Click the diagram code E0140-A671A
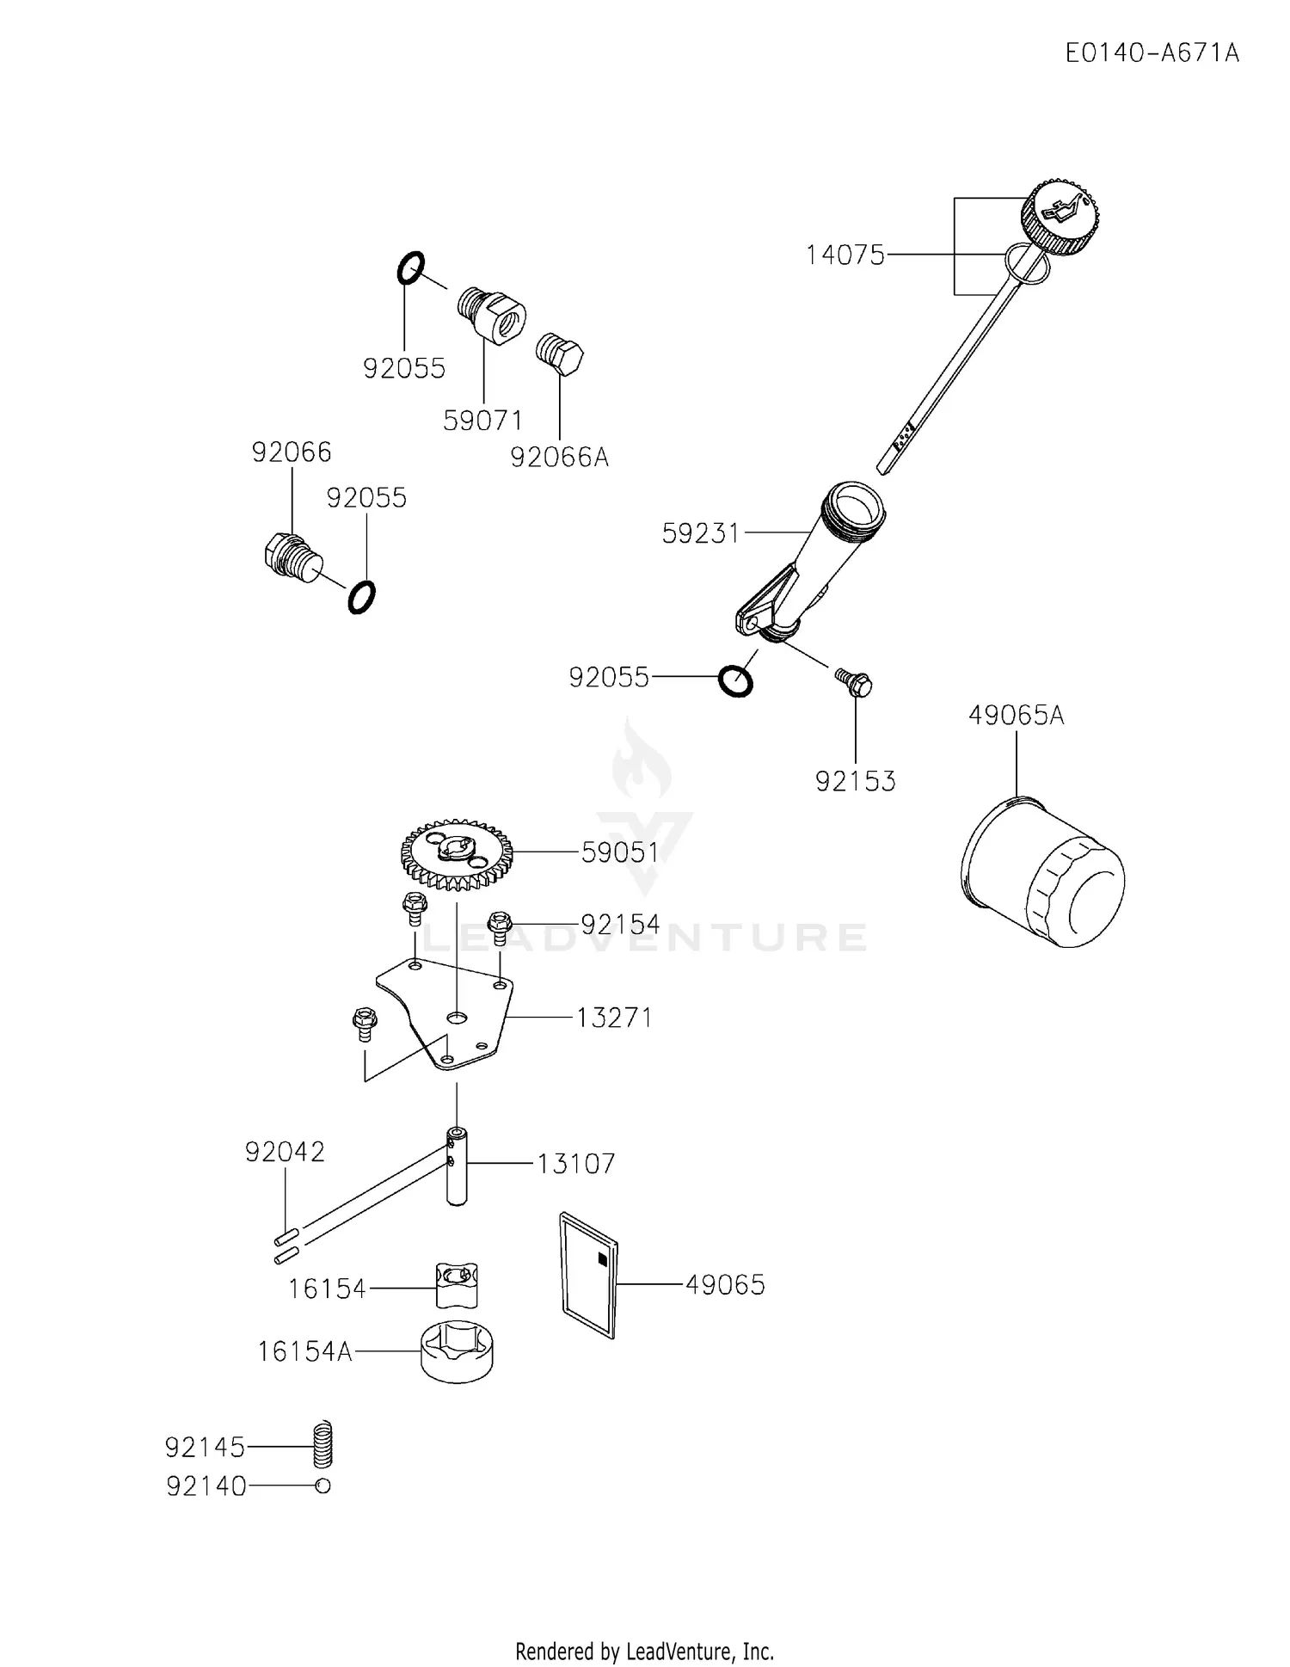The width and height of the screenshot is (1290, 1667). coord(1152,53)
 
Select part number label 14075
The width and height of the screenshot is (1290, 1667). coord(845,255)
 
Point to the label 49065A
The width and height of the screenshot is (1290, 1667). coord(1016,716)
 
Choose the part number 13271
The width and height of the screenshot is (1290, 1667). coord(614,1018)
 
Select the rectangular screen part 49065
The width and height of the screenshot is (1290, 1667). coord(588,1276)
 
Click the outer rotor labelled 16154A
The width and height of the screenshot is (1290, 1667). coord(458,1351)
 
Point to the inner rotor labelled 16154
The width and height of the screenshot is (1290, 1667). coord(457,1284)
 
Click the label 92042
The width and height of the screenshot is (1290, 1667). coord(285,1152)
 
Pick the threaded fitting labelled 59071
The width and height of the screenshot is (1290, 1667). coord(491,316)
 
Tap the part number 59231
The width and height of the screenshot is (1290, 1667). coord(700,534)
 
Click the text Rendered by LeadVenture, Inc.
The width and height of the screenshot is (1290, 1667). coord(644,1652)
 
